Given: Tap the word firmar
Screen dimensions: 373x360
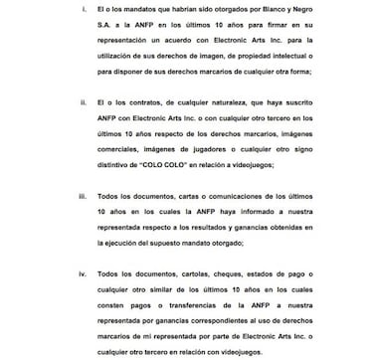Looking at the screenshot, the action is (x=291, y=29).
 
